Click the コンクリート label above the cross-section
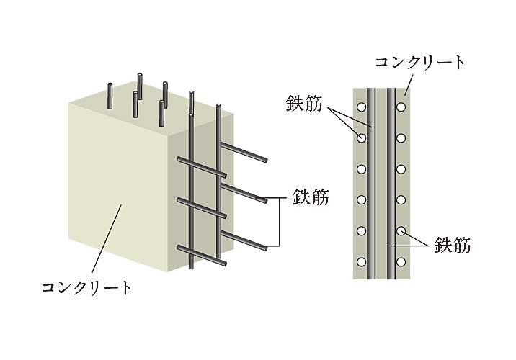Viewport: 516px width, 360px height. pos(420,63)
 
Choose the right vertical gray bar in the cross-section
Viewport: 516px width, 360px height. pos(390,184)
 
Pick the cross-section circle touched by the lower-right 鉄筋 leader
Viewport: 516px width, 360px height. pos(401,231)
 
